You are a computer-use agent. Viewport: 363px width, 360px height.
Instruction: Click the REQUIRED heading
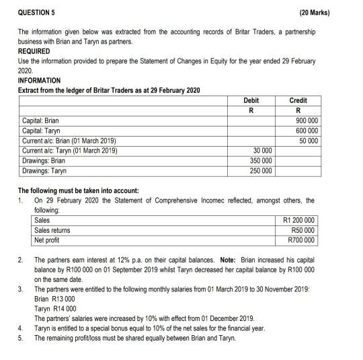(34, 50)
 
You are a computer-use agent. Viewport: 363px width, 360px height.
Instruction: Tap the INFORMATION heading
(40, 80)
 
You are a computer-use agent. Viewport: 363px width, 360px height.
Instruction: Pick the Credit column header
(297, 100)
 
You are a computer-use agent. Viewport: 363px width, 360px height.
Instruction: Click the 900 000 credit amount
(305, 121)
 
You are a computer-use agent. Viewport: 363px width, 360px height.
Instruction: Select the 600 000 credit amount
(305, 131)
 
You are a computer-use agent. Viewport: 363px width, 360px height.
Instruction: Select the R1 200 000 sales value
(300, 220)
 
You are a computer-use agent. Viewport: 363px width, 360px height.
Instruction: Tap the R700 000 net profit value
(302, 240)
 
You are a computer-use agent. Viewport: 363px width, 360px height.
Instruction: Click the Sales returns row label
(52, 230)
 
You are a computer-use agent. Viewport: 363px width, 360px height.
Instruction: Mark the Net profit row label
(48, 240)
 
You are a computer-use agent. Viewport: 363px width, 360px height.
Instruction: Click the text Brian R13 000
(54, 298)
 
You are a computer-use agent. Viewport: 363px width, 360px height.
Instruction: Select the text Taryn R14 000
(54, 308)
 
